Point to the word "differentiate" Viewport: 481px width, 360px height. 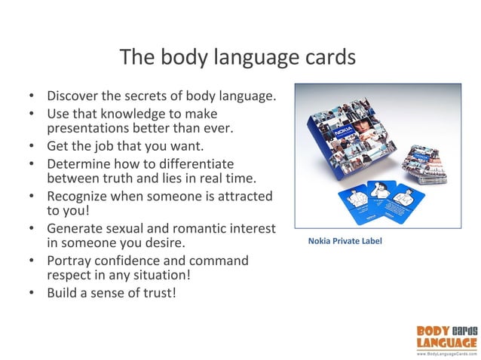[191, 163]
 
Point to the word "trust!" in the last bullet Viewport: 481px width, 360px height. [158, 292]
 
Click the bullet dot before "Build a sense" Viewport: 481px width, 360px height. [31, 292]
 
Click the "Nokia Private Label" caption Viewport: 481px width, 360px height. [345, 242]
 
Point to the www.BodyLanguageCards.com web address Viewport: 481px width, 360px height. [446, 352]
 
